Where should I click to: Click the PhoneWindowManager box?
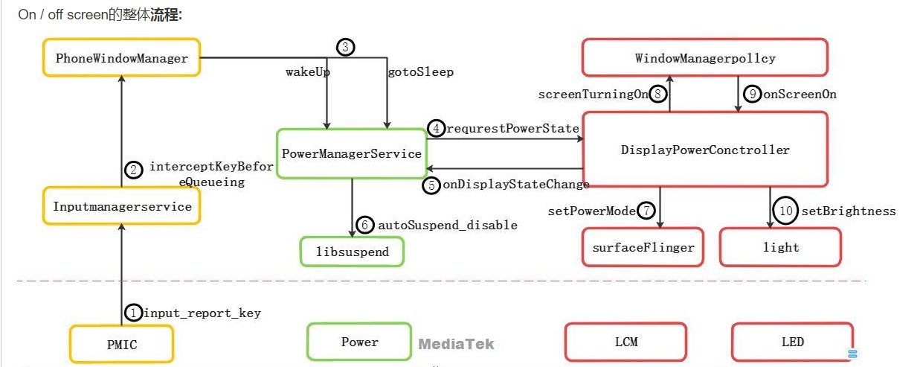point(121,57)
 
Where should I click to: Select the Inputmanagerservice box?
point(122,206)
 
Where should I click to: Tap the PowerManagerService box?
point(351,153)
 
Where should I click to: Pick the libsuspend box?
point(353,252)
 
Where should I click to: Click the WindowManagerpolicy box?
point(704,58)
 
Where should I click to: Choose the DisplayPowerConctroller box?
point(704,150)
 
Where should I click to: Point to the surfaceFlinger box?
point(643,247)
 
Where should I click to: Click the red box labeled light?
point(780,247)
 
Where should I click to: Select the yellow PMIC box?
point(121,345)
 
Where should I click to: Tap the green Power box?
point(359,342)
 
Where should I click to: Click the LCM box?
point(625,342)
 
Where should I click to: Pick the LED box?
point(792,342)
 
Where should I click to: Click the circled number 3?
point(345,48)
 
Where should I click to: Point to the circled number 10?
point(786,211)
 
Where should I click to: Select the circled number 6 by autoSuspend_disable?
point(364,224)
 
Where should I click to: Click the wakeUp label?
point(308,72)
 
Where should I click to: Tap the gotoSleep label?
point(420,72)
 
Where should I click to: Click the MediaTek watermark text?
point(456,344)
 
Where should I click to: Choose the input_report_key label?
point(202,313)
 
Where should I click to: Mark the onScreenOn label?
point(800,94)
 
